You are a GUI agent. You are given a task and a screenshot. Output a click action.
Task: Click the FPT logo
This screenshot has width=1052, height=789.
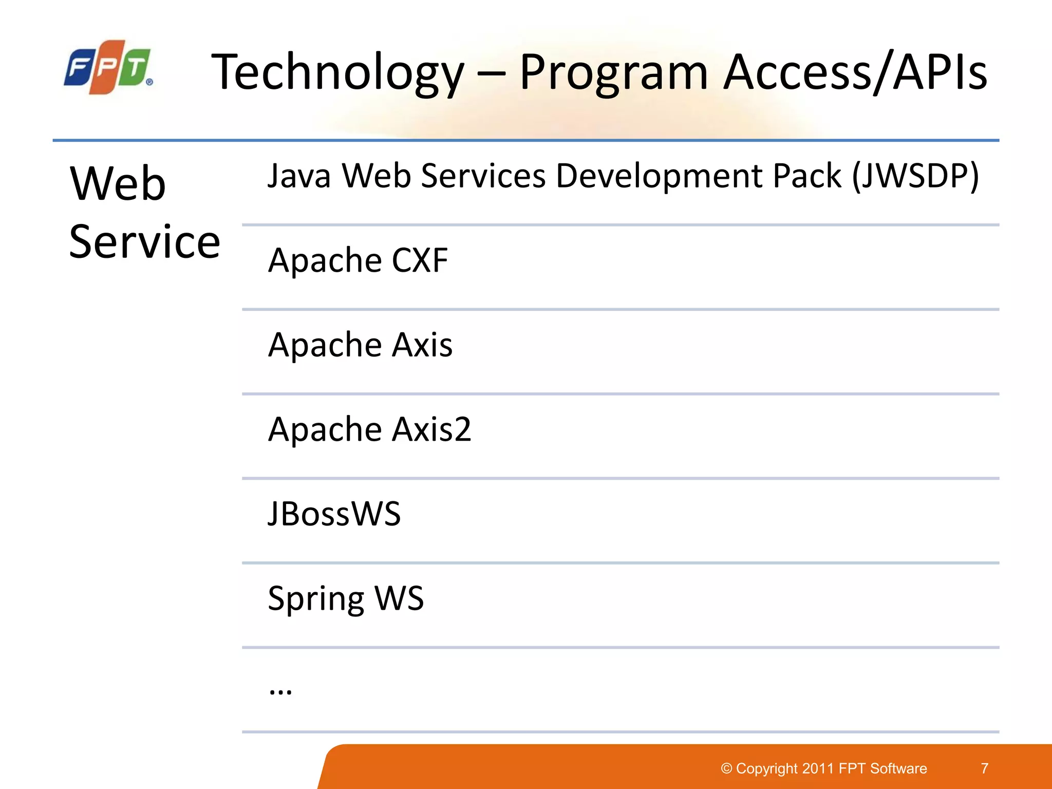[108, 67]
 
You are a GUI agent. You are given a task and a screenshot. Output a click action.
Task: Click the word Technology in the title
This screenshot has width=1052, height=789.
[337, 73]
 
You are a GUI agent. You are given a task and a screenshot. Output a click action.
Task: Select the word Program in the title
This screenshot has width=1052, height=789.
[614, 73]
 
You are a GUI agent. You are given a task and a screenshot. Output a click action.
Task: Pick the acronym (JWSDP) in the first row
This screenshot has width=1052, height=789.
[915, 176]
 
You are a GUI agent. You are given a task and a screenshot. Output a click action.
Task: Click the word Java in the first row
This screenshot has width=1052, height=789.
[299, 176]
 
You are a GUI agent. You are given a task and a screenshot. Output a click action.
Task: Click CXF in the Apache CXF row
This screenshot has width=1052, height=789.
[420, 260]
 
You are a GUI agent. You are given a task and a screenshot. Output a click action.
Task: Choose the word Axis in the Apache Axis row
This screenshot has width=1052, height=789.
[422, 345]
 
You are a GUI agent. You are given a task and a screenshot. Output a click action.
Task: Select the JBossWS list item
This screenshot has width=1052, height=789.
[334, 514]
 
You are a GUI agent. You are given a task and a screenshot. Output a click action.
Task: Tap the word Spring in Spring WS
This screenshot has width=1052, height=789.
[315, 599]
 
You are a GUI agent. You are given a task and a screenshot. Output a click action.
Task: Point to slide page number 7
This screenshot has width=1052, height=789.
[984, 768]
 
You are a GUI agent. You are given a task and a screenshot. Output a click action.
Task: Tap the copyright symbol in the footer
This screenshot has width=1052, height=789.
[726, 768]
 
